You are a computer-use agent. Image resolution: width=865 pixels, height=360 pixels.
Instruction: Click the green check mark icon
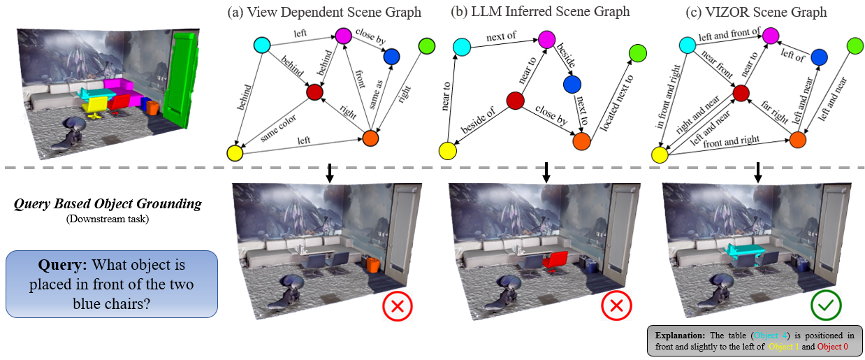(x=825, y=305)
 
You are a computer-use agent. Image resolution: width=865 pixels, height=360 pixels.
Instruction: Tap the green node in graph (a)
(x=426, y=46)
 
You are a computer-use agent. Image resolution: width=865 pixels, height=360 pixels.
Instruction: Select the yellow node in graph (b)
(x=447, y=150)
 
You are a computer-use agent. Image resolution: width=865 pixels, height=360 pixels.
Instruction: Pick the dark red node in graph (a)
(x=314, y=92)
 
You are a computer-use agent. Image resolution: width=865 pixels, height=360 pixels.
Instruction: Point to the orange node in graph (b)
(x=581, y=141)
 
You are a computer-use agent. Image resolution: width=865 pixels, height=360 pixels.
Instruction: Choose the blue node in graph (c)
(x=819, y=57)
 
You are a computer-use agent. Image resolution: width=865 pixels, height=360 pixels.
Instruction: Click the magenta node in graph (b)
(x=546, y=38)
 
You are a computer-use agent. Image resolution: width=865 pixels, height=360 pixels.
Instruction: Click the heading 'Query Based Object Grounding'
(x=108, y=204)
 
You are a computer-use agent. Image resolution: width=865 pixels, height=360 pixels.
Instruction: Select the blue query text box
(x=112, y=284)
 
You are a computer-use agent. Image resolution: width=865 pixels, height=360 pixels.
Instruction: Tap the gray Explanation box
(x=755, y=340)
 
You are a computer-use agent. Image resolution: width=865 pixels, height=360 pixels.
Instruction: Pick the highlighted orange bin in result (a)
(x=372, y=265)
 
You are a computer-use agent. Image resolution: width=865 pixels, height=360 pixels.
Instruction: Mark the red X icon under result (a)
(x=398, y=305)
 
